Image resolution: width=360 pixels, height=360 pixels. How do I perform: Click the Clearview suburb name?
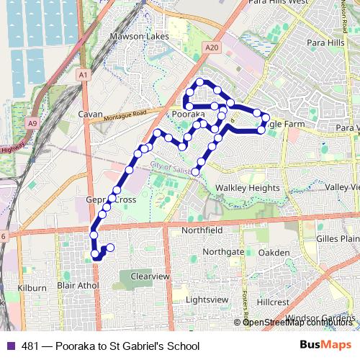150,276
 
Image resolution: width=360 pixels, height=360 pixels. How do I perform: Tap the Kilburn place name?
32,288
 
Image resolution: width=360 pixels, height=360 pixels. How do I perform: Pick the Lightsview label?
207,299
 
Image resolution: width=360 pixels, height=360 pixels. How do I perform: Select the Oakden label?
274,253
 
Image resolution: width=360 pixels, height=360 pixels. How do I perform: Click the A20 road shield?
211,47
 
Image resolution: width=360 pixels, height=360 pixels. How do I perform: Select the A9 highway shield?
32,123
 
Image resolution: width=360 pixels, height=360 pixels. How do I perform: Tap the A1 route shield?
84,74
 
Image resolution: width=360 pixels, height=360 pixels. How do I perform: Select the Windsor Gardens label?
320,318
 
